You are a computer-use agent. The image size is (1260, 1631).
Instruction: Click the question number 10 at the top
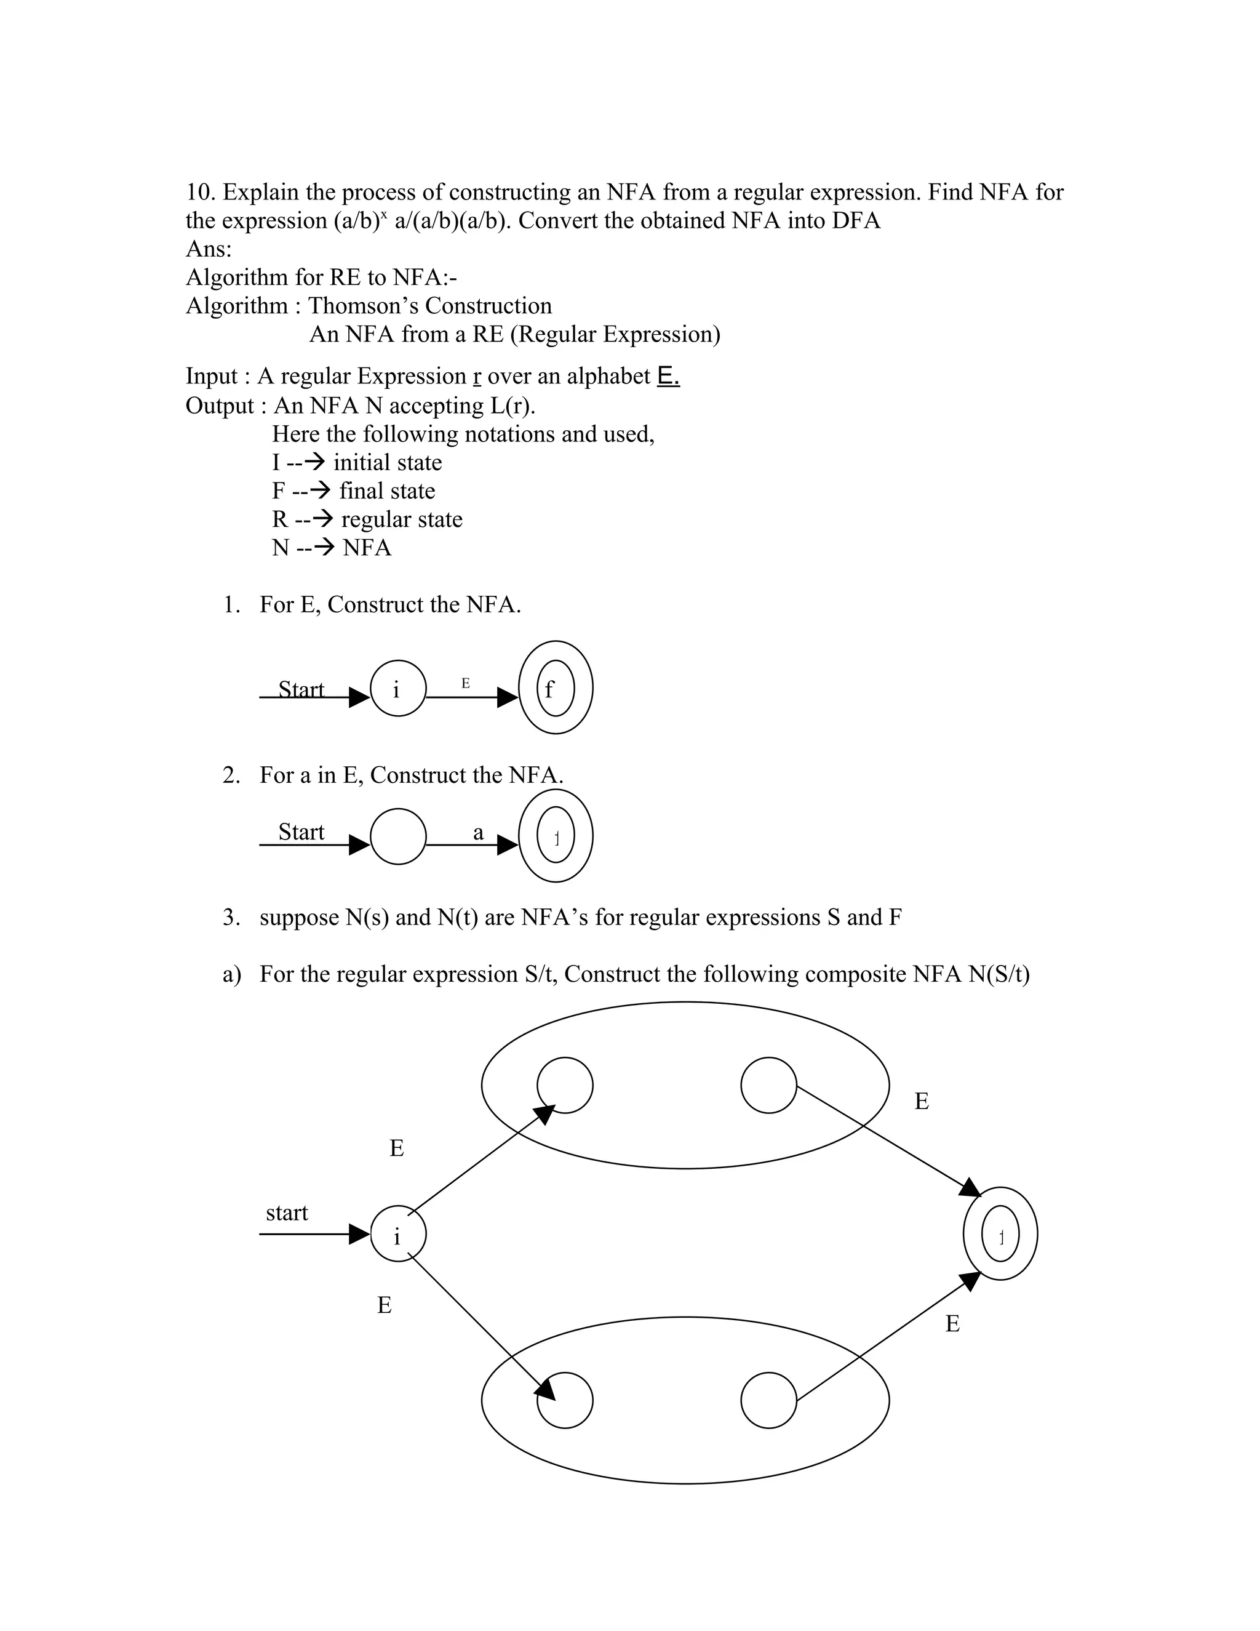[200, 193]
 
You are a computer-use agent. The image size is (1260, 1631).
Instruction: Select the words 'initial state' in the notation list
[388, 463]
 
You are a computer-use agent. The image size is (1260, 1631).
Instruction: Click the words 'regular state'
[402, 520]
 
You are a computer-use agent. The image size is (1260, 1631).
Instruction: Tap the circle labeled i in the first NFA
[398, 689]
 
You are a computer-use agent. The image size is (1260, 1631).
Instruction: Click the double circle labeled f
[556, 689]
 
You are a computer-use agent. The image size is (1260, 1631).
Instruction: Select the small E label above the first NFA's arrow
[466, 683]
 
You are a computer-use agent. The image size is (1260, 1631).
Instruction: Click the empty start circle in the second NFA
[398, 836]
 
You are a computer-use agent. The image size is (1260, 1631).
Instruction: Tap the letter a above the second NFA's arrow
[479, 833]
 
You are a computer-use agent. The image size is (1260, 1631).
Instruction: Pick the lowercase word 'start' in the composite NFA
[287, 1213]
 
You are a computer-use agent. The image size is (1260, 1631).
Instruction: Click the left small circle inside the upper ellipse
[565, 1085]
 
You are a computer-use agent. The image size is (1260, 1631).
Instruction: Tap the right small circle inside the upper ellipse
[769, 1085]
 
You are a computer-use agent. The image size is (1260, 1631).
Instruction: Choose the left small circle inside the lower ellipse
[565, 1400]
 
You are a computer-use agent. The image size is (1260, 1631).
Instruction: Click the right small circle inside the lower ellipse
[769, 1400]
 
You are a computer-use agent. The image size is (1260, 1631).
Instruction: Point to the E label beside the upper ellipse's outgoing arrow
[922, 1102]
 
